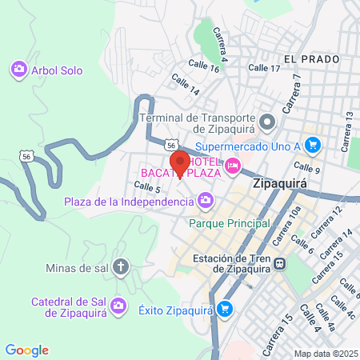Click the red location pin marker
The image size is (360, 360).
(x=180, y=162)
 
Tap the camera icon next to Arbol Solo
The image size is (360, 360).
(x=18, y=70)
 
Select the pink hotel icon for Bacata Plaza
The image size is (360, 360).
(x=233, y=166)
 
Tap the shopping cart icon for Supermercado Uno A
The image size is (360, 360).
(x=313, y=145)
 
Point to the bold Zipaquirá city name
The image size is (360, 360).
(x=280, y=183)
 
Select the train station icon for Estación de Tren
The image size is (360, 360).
(x=280, y=263)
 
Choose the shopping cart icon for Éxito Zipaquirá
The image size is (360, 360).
(x=226, y=308)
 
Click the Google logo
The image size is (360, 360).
(x=26, y=350)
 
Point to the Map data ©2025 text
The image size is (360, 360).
(x=326, y=354)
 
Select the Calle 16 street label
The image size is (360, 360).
(x=203, y=65)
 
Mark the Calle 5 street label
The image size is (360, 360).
(x=147, y=187)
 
